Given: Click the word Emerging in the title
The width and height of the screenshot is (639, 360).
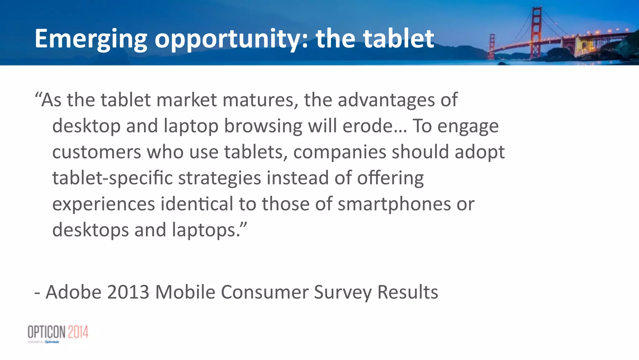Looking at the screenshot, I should click(91, 39).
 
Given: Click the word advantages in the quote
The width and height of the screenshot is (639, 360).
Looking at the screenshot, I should click(386, 100).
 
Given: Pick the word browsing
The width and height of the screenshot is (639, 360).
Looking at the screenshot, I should click(263, 126).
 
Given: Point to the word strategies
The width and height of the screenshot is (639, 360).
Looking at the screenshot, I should click(219, 178).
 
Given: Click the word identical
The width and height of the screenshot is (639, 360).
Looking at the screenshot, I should click(197, 204).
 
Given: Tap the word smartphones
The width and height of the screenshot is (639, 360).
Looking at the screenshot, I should click(394, 204).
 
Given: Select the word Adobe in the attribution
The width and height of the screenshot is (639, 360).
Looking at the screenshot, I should click(74, 292).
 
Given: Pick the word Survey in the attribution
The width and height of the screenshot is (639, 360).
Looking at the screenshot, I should click(343, 292).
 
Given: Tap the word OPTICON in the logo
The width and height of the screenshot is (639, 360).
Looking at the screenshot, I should click(47, 332).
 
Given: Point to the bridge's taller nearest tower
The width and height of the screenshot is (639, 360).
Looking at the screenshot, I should click(536, 31).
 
